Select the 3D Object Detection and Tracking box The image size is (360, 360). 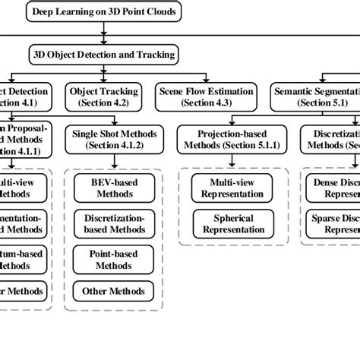(x=104, y=55)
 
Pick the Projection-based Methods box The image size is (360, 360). (x=226, y=139)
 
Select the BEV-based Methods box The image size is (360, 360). (x=114, y=187)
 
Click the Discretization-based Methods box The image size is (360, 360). (x=114, y=223)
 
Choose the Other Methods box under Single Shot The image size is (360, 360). (x=114, y=291)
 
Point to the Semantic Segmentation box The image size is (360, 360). (x=315, y=96)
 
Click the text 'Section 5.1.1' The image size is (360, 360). (x=226, y=145)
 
